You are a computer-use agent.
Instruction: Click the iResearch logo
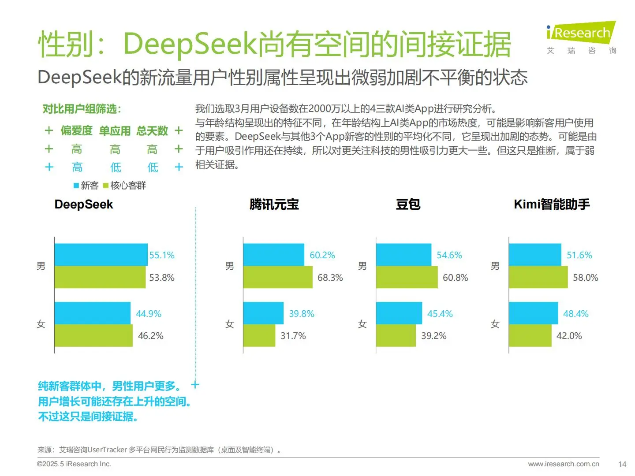click(x=581, y=33)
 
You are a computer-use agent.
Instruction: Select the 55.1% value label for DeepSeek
click(x=161, y=255)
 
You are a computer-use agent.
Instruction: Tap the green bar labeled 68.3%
click(x=277, y=277)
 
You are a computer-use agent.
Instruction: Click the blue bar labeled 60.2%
click(x=273, y=255)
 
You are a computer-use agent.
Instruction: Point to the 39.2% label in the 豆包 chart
click(x=433, y=336)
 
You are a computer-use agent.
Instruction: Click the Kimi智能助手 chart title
click(x=551, y=205)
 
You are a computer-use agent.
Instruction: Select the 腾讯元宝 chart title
click(x=274, y=205)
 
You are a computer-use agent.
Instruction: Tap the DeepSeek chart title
click(x=83, y=205)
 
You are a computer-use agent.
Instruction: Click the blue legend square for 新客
click(x=76, y=186)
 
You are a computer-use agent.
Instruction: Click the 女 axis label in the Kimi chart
click(x=495, y=324)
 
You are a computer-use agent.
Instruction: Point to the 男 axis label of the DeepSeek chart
click(x=41, y=266)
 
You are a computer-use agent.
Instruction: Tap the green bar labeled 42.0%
click(x=530, y=336)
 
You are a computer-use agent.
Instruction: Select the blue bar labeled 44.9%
click(x=92, y=313)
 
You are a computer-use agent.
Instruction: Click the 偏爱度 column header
click(x=76, y=131)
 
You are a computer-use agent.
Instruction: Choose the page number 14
click(x=622, y=464)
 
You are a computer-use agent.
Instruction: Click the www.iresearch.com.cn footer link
click(x=563, y=464)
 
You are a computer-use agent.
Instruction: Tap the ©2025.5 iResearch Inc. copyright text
click(x=74, y=464)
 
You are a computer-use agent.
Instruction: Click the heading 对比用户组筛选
click(x=82, y=109)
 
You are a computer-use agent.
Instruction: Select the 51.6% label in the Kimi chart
click(x=579, y=255)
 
